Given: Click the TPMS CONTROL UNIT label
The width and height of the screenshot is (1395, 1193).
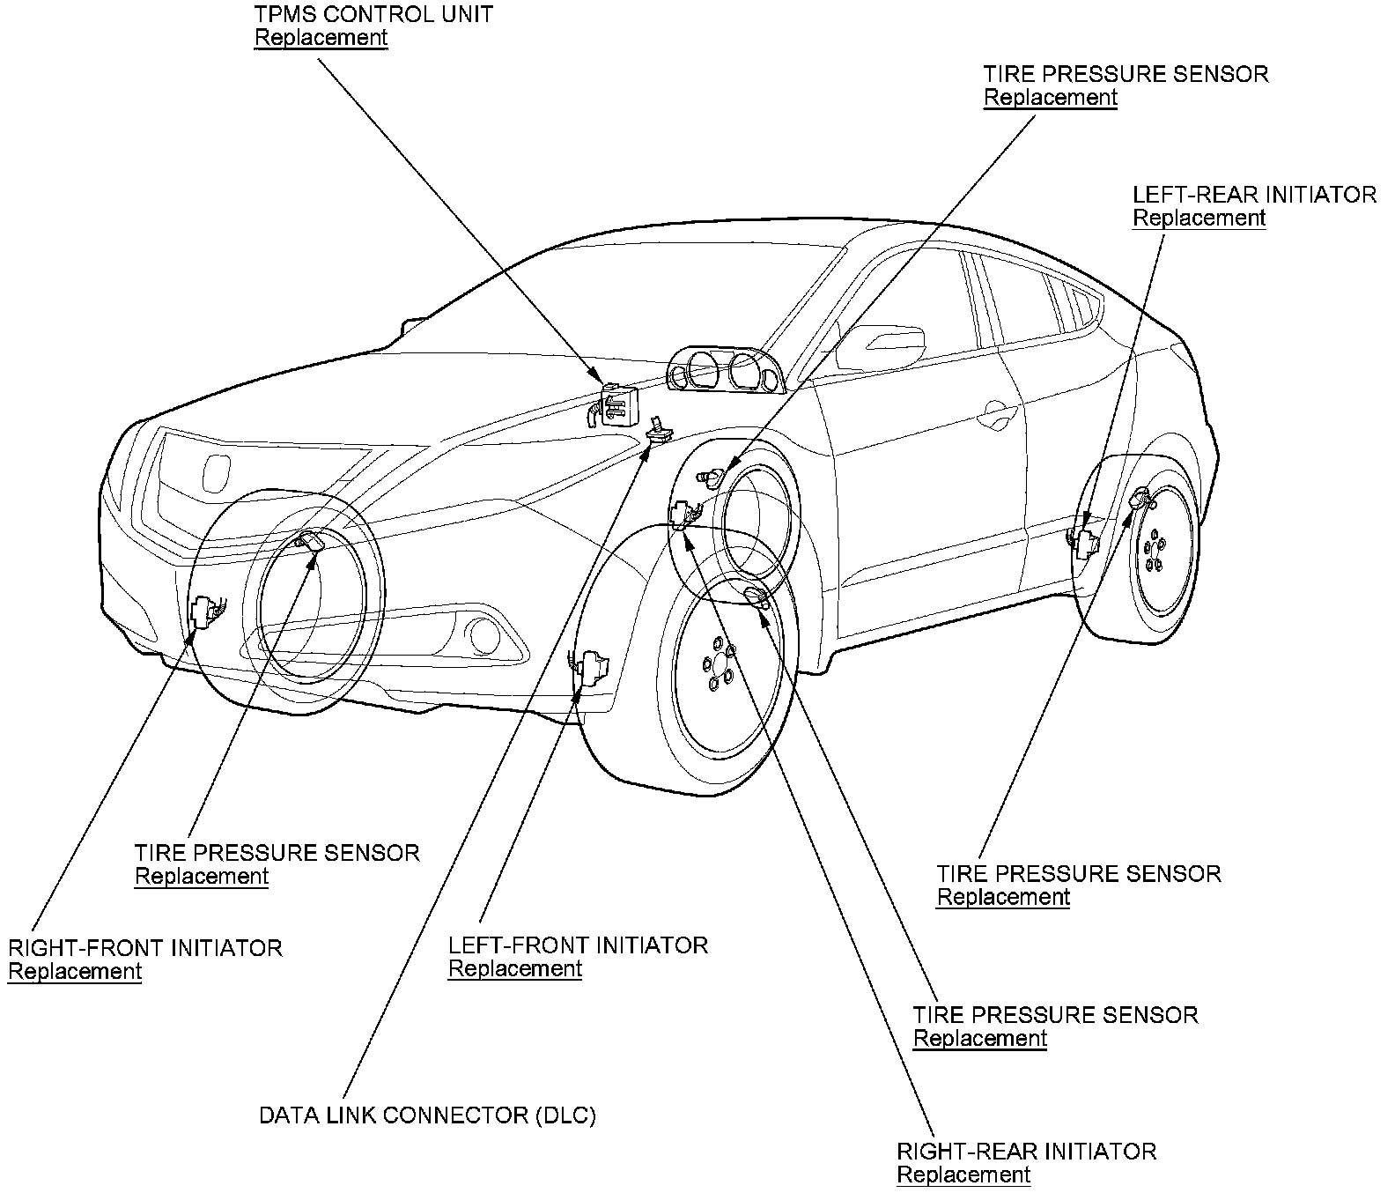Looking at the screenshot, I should (373, 15).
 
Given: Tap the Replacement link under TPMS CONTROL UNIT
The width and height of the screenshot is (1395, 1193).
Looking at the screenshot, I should (321, 38).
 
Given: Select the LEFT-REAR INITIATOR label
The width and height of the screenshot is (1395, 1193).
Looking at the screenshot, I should (1254, 195).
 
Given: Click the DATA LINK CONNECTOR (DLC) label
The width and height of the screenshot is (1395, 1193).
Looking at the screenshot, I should (427, 1115).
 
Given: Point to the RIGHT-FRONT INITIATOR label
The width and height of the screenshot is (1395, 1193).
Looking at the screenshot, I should (145, 948).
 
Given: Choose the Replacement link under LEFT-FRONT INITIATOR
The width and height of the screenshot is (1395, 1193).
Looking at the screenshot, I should (515, 968).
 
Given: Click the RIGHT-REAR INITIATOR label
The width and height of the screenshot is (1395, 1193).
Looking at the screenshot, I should (1026, 1152).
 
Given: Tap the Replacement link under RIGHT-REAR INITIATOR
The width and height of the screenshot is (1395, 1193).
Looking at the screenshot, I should (963, 1174).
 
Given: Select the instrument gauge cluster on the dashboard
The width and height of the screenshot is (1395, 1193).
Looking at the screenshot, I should (725, 370).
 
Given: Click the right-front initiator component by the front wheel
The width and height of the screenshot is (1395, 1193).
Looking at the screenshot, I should (203, 611).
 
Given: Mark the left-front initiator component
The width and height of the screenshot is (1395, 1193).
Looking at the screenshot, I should (591, 667).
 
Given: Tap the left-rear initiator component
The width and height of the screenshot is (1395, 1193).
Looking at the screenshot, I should (1083, 543).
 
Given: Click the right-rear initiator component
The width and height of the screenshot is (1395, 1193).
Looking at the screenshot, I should (682, 513).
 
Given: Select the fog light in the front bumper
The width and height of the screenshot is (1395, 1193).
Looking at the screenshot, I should (482, 634).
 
